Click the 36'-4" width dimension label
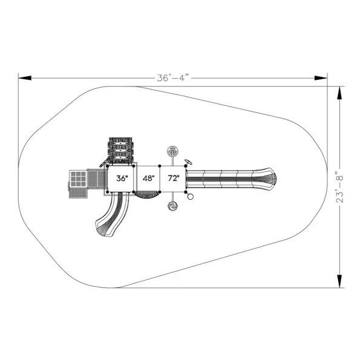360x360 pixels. click(x=173, y=78)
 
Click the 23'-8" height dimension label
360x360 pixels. click(x=339, y=187)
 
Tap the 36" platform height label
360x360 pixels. click(x=122, y=178)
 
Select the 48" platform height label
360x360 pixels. click(x=149, y=178)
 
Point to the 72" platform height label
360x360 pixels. click(x=174, y=178)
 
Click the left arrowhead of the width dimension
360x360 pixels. click(x=25, y=78)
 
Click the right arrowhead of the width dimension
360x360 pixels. click(x=321, y=78)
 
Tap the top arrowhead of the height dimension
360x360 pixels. click(x=339, y=93)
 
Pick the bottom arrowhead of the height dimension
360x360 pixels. click(x=339, y=281)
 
